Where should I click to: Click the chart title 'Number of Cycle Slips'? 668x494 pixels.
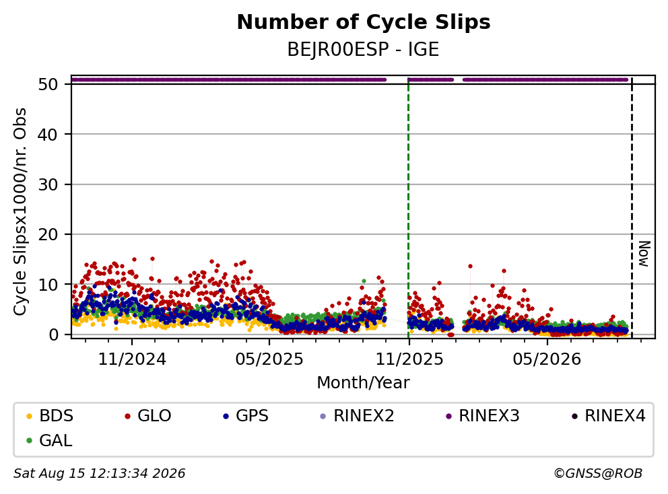(364, 22)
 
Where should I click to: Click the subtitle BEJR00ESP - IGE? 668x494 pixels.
(363, 50)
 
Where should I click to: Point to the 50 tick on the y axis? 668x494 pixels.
(48, 84)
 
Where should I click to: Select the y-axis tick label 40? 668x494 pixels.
(48, 135)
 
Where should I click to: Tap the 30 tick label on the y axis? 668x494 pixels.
(48, 184)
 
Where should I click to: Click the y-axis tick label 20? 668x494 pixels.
(48, 234)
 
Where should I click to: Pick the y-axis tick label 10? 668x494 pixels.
(48, 285)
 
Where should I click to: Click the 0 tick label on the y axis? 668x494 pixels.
(54, 334)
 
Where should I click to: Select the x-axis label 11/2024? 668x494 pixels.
(132, 359)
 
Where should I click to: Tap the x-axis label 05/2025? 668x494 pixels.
(269, 359)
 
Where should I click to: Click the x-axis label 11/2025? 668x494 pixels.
(409, 359)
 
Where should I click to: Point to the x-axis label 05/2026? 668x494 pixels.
(547, 359)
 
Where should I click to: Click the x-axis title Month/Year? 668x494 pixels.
(363, 382)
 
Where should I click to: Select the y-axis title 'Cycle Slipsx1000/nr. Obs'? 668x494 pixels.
(20, 211)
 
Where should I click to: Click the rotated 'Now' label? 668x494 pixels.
(644, 254)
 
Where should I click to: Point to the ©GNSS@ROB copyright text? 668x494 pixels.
(598, 473)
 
